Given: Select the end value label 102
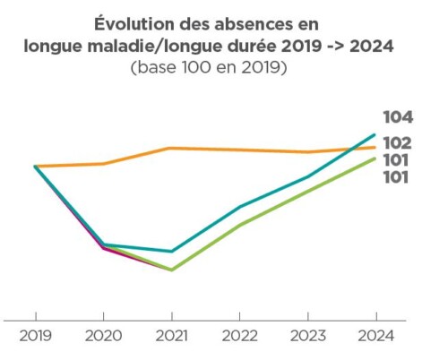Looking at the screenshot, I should click(397, 143).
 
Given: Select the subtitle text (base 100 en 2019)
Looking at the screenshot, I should click(209, 68).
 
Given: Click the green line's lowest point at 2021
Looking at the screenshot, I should click(171, 270).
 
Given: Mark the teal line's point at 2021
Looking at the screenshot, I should click(171, 252).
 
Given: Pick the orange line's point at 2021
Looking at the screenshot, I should click(171, 148).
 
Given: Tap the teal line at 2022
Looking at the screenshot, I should click(239, 207).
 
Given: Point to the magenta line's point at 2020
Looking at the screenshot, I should click(103, 248).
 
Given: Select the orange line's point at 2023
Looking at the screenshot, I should click(307, 152).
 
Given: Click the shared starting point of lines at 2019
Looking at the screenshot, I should click(36, 167).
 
